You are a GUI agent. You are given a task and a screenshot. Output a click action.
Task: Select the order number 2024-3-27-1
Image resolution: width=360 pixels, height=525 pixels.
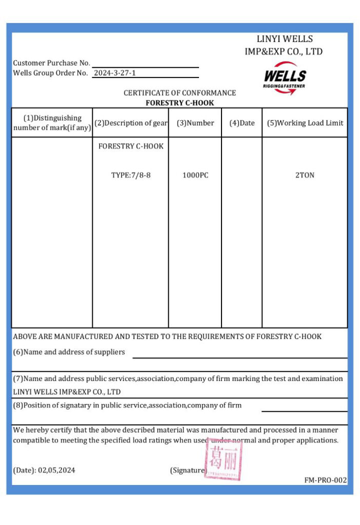click(x=115, y=73)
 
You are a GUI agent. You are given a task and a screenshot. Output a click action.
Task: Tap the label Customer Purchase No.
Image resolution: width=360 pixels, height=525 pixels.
click(x=51, y=63)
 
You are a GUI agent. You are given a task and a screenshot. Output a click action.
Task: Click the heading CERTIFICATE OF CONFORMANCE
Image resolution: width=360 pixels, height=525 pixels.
click(x=179, y=93)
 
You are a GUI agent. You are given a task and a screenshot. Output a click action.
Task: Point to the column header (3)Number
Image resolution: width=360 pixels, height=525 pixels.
click(x=195, y=123)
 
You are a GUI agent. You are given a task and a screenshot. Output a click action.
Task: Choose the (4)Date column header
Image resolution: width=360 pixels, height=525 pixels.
click(x=242, y=123)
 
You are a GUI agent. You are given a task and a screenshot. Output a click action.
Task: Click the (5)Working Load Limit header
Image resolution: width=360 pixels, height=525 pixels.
click(x=305, y=123)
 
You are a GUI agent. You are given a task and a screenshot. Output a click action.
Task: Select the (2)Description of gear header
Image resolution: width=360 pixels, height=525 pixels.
click(x=131, y=123)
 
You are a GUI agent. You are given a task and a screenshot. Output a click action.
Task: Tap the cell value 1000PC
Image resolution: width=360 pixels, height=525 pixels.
click(x=195, y=175)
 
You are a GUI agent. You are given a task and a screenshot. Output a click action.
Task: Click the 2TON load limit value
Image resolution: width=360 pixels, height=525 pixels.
click(x=305, y=175)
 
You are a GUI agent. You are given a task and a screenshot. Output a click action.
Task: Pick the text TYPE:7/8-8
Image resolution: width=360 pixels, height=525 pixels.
click(x=131, y=175)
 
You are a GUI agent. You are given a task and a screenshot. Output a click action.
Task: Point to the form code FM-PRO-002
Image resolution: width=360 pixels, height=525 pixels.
click(x=325, y=480)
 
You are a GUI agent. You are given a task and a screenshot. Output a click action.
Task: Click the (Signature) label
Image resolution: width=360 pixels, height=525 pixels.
click(x=188, y=470)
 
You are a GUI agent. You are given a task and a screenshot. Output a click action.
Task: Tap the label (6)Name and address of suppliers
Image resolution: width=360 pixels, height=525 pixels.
click(x=69, y=352)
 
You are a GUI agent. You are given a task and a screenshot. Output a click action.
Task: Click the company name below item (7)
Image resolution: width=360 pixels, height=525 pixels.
click(x=67, y=392)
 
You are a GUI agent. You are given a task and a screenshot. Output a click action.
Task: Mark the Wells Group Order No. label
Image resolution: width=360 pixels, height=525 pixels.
click(x=50, y=73)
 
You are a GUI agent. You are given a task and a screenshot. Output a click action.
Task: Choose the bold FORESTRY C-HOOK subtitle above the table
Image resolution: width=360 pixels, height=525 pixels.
click(x=179, y=103)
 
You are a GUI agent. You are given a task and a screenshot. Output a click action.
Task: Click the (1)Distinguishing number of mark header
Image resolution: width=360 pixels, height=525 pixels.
click(x=52, y=123)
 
